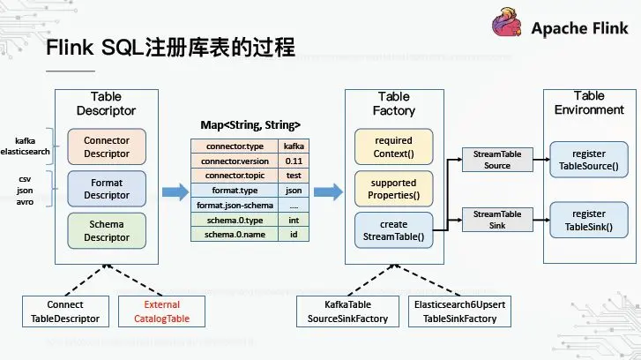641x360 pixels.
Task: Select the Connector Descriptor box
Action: pos(106,146)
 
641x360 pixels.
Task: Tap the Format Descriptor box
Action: pos(106,188)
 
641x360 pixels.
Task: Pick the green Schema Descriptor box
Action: pos(106,230)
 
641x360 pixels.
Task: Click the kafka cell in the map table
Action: pos(294,146)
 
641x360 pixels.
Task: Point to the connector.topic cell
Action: pos(234,176)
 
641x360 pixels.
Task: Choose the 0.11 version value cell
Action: pos(294,161)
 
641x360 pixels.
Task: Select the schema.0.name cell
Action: pos(234,235)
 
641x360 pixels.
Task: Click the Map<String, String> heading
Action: pos(245,124)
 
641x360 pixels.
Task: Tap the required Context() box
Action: pos(393,146)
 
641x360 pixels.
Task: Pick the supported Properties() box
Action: pos(393,188)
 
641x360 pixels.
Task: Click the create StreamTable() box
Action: pos(393,229)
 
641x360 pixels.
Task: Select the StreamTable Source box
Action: pos(492,160)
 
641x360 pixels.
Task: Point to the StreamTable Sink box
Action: pos(492,219)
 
